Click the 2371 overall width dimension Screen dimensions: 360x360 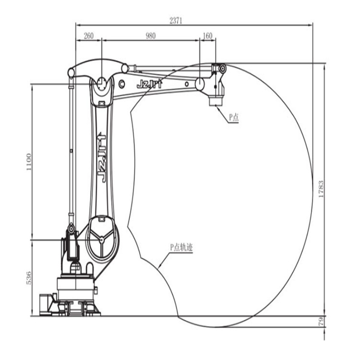click(x=176, y=21)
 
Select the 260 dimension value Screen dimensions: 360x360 click(x=89, y=36)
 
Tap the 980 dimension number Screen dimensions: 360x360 click(x=151, y=36)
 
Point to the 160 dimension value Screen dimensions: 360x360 click(x=207, y=36)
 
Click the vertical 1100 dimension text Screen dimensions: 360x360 click(x=29, y=162)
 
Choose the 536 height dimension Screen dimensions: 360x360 click(x=29, y=278)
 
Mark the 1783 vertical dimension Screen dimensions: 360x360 click(x=321, y=189)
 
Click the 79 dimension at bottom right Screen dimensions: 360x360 click(x=321, y=321)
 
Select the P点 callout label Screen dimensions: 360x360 click(x=234, y=117)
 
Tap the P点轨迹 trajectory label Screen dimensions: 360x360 click(x=181, y=248)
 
